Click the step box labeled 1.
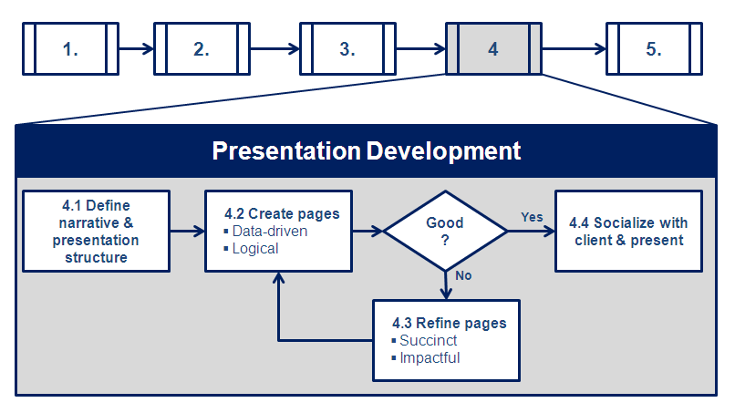click(x=70, y=49)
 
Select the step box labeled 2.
click(x=201, y=49)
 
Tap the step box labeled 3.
click(x=347, y=49)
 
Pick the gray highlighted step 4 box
click(x=492, y=49)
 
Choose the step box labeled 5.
click(x=653, y=49)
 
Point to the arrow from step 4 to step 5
click(x=574, y=49)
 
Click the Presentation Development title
click(x=367, y=150)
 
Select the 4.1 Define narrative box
click(x=96, y=231)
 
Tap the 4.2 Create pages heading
click(x=282, y=213)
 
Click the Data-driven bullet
click(x=269, y=231)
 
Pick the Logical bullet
click(x=255, y=248)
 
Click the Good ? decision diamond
click(x=445, y=231)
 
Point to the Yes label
click(x=532, y=217)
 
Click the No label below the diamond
click(x=463, y=274)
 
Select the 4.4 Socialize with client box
click(x=628, y=231)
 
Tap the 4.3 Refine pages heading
click(x=449, y=323)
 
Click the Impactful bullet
click(x=430, y=357)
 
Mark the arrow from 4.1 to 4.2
click(x=187, y=231)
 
